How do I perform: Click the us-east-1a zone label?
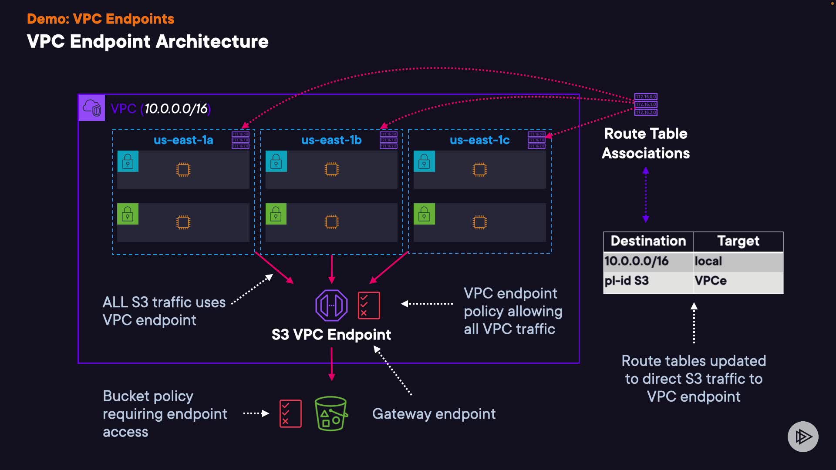tap(183, 140)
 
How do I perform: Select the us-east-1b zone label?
tap(331, 140)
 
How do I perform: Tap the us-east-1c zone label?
tap(479, 140)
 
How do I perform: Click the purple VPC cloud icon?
tap(92, 108)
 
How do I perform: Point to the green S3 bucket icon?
tap(331, 413)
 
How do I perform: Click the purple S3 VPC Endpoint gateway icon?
tap(331, 305)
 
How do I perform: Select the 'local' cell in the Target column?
tap(708, 261)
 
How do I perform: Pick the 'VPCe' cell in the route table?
tap(711, 281)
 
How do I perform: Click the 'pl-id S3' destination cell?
tap(627, 281)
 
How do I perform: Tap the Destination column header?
tap(648, 241)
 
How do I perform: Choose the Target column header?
tap(738, 241)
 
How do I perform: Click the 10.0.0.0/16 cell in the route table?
tap(637, 261)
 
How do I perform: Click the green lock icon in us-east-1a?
tap(128, 214)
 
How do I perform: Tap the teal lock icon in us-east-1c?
tap(424, 161)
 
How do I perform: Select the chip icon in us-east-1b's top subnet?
tap(331, 169)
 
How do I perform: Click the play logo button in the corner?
tap(803, 436)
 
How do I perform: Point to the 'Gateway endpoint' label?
tap(434, 414)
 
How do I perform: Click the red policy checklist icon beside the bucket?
tap(290, 413)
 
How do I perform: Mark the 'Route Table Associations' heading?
tap(646, 143)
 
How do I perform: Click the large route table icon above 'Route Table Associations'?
tap(646, 104)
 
